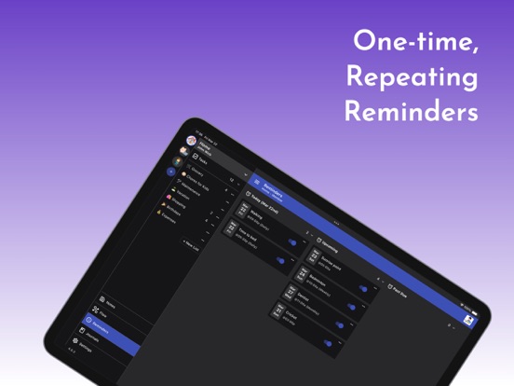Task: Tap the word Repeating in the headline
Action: pos(412,77)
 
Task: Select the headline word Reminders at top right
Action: pos(411,112)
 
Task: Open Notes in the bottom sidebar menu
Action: pos(110,304)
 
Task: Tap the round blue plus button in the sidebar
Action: pos(170,172)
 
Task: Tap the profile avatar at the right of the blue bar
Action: pos(467,320)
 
